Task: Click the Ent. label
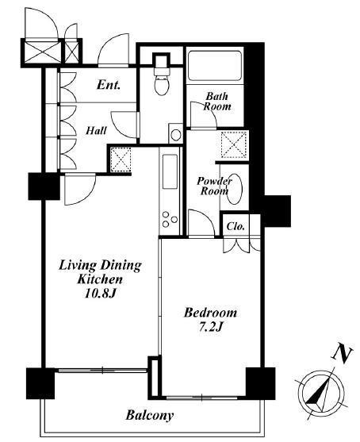point(109,85)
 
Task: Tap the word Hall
point(96,131)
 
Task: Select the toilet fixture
point(162,81)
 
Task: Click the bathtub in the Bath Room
point(215,65)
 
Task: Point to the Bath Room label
point(217,102)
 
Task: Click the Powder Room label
point(214,186)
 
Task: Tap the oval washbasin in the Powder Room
point(235,189)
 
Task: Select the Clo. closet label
point(236,226)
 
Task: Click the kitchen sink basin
point(170,171)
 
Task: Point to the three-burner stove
point(170,219)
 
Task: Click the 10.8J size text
point(100,294)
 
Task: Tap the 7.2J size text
point(211,327)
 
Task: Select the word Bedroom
point(210,313)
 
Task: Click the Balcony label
point(150,416)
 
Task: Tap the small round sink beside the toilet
point(176,135)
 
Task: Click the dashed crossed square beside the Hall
point(121,160)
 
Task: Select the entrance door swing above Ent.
point(113,50)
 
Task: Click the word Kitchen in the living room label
point(100,279)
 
